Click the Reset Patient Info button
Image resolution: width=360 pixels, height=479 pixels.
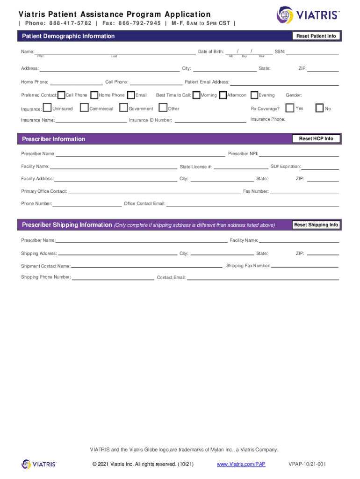(x=316, y=36)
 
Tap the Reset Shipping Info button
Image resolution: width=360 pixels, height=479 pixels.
(x=316, y=225)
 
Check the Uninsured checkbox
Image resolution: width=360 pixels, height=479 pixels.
(x=47, y=108)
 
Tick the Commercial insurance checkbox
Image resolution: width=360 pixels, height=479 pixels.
(x=84, y=108)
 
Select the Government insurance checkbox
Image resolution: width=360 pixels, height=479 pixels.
(x=123, y=108)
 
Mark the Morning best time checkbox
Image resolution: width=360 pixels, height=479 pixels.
(x=196, y=95)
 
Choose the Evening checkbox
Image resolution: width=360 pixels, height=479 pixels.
(x=255, y=95)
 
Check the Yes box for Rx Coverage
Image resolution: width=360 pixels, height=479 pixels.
(x=290, y=108)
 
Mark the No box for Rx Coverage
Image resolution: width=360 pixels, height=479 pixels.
(x=320, y=108)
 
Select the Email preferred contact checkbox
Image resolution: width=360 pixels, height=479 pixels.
(x=131, y=95)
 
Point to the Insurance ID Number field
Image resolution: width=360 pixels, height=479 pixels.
(x=210, y=120)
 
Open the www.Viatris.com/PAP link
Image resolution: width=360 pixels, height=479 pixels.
(x=241, y=464)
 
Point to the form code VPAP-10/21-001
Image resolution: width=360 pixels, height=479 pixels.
(x=307, y=464)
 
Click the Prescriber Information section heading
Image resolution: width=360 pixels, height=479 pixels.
(x=53, y=139)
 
